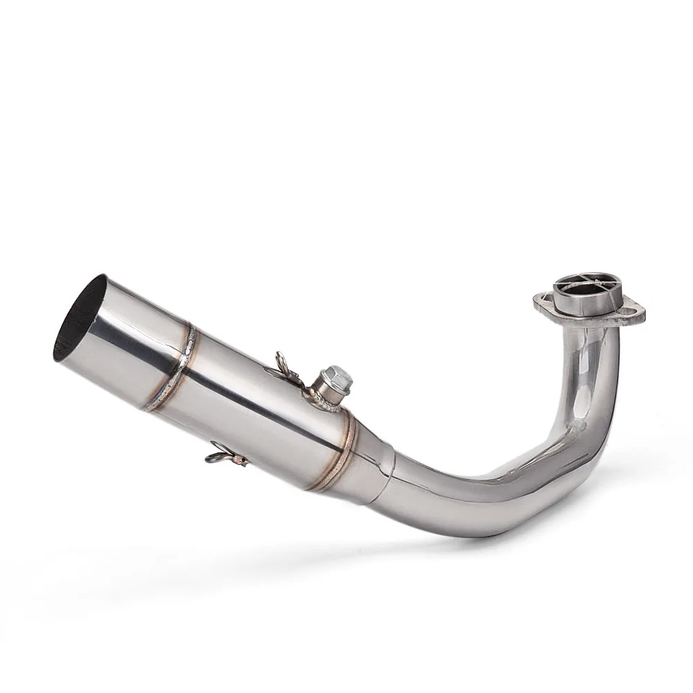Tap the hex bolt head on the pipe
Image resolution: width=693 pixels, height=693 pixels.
tap(338, 377)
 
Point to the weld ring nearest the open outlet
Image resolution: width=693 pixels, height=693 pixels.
tap(173, 367)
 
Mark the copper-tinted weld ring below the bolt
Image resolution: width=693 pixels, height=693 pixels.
tap(331, 454)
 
